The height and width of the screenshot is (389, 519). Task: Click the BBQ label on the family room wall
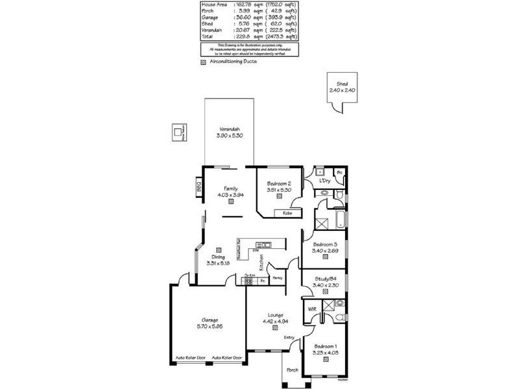(x=199, y=188)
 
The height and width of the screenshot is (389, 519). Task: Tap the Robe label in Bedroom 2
(x=287, y=213)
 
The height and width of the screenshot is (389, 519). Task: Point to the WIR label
(x=312, y=309)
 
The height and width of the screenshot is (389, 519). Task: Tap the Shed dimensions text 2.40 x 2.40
(x=342, y=89)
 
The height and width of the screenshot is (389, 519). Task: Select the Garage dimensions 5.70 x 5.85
(x=209, y=327)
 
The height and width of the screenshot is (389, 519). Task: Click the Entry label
(x=289, y=337)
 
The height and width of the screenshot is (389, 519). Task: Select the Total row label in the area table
(x=208, y=37)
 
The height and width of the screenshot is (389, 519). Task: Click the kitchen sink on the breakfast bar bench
(x=263, y=244)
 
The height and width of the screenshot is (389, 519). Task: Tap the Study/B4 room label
(x=324, y=277)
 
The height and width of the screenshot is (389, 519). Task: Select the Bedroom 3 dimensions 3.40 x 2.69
(x=324, y=250)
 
